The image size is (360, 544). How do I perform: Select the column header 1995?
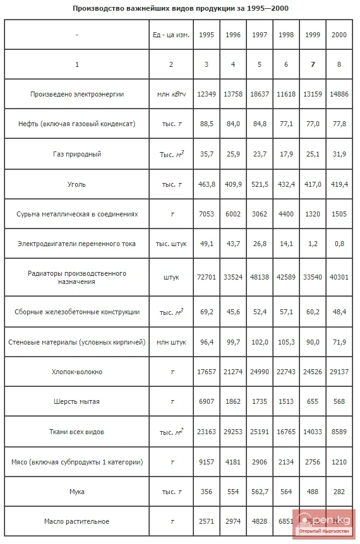(207, 35)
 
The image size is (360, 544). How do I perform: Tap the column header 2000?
(339, 35)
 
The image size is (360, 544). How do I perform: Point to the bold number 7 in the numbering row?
(313, 64)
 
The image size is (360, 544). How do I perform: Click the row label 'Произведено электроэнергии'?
(77, 94)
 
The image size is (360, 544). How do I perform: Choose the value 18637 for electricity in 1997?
(260, 94)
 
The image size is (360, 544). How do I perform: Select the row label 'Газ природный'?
(77, 154)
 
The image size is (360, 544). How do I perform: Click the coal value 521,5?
(260, 184)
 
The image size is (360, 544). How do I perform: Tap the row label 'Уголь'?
(77, 184)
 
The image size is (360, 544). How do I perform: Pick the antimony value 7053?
(207, 214)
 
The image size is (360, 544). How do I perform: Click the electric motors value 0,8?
(339, 244)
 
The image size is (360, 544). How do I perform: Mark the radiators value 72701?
(207, 277)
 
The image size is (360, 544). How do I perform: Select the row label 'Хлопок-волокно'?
(77, 372)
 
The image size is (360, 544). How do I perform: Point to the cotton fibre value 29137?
(339, 372)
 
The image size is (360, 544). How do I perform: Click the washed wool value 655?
(313, 401)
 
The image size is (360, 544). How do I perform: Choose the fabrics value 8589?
(339, 432)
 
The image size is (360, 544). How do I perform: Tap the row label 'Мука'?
(77, 492)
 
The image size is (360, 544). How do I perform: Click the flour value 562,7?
(260, 492)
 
